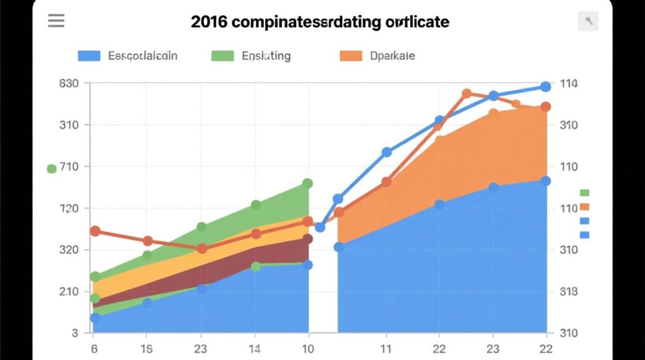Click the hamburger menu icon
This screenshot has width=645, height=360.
point(56,21)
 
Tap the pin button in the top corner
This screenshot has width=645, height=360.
point(588,21)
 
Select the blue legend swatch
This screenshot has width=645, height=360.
point(89,56)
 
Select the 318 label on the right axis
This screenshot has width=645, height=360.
point(569,292)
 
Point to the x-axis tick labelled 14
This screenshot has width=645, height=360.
point(255,349)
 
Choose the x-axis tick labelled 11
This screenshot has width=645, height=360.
point(386,349)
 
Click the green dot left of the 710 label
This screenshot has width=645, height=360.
point(52,168)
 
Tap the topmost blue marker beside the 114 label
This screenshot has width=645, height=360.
point(546,86)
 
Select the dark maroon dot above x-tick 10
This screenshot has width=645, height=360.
point(308,239)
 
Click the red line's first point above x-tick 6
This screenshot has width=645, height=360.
point(95,231)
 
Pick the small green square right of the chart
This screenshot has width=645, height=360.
point(584,192)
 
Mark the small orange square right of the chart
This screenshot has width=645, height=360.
point(584,207)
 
